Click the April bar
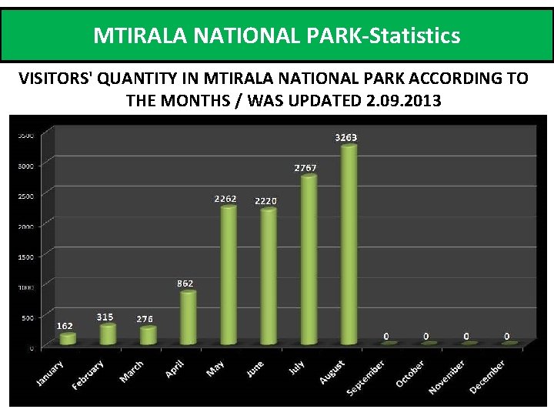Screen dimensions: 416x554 (188, 317)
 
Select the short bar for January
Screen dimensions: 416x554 (68, 338)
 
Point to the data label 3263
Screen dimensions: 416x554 (345, 138)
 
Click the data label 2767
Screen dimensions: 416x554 (305, 167)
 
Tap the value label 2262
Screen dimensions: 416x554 (225, 199)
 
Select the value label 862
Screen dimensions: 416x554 (185, 283)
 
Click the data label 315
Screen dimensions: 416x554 (105, 317)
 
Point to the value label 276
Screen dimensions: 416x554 (145, 319)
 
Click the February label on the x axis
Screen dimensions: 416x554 (88, 374)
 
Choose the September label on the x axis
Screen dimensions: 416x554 (365, 377)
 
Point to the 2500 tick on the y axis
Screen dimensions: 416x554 (25, 195)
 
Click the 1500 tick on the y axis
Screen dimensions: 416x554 (25, 256)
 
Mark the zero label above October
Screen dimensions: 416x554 (426, 337)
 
